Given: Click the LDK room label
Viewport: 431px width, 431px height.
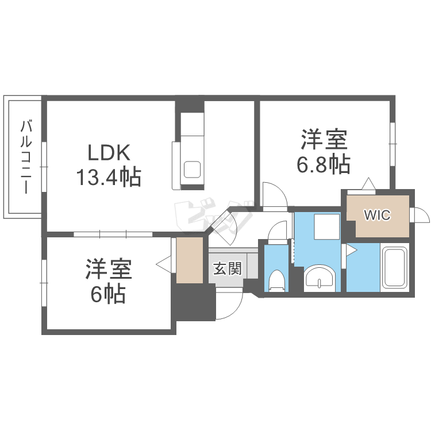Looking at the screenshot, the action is [x=110, y=153].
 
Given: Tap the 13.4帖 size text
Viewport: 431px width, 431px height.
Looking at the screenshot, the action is [x=109, y=178].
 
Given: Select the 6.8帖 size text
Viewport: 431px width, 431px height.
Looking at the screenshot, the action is [x=324, y=164].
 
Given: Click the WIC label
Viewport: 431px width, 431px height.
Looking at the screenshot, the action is [x=377, y=215].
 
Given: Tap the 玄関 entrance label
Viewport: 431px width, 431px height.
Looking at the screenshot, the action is [x=227, y=268].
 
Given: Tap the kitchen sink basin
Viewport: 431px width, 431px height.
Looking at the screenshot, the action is [x=191, y=170].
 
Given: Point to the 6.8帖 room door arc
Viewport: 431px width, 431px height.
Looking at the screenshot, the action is [x=274, y=194].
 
